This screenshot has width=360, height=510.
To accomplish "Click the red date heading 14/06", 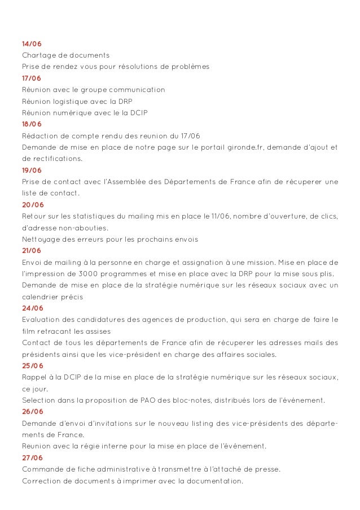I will (32, 43).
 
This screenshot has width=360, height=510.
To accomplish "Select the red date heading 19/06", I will (32, 171).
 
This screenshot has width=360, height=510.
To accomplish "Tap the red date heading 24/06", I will (32, 308).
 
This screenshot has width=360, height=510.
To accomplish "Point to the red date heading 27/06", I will (32, 457).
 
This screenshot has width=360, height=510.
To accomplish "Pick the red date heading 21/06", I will (32, 250).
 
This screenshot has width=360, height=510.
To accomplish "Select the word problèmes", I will (190, 67).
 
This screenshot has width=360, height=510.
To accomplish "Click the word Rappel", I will (34, 377).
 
